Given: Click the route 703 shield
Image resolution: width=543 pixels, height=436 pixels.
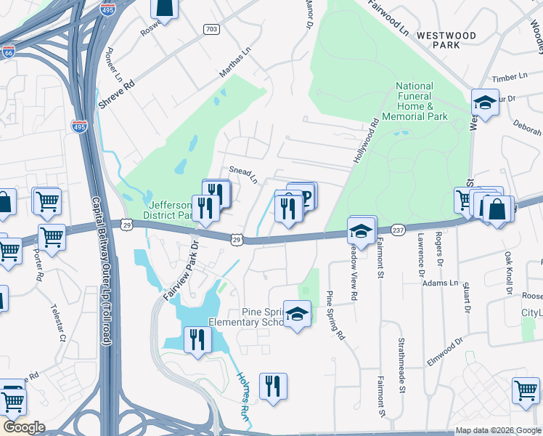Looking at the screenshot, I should click(211, 30).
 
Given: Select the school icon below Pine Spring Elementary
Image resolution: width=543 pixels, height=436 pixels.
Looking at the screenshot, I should click(297, 315).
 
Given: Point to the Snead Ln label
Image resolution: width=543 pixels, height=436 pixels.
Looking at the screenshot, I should click(244, 174).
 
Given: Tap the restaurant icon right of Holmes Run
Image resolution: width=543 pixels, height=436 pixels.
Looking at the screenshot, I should click(273, 385).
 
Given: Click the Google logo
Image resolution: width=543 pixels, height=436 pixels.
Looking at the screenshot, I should click(23, 427).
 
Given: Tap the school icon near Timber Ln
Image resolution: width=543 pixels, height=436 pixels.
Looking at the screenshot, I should click(484, 103).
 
